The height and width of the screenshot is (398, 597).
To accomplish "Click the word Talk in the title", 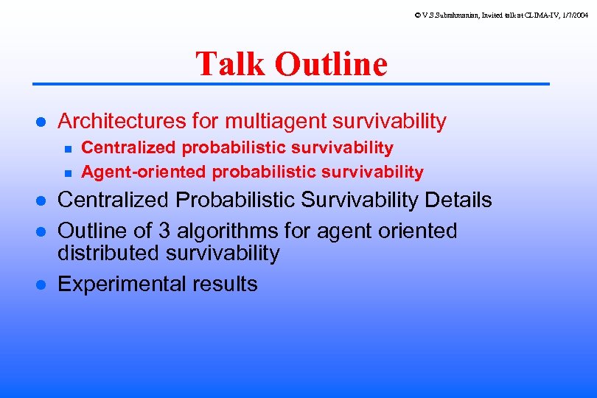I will click(231, 64).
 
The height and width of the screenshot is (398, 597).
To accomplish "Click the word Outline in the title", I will click(331, 64).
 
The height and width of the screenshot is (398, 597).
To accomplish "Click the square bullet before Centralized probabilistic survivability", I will click(67, 149).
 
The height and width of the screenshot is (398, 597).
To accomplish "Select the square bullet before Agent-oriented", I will click(67, 173).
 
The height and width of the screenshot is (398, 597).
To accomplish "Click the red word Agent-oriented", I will click(144, 172).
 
